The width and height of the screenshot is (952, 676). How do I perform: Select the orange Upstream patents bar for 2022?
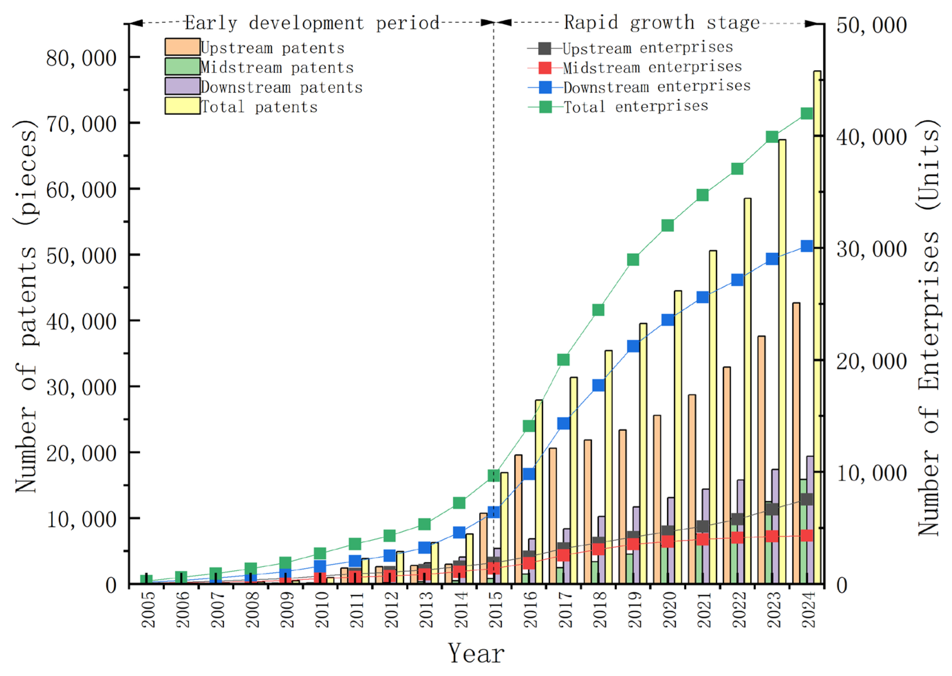[x=727, y=475]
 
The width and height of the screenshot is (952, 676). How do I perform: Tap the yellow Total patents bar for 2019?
[x=643, y=454]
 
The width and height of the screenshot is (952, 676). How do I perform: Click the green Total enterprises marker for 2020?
[x=668, y=225]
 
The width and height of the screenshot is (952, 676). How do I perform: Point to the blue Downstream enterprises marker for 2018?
[x=599, y=385]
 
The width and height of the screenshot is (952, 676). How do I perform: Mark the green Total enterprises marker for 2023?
[x=772, y=136]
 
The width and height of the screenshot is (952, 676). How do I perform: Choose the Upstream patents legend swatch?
[x=182, y=47]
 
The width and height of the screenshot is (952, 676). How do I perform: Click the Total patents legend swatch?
[x=182, y=106]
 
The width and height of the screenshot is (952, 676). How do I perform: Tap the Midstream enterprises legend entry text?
[x=652, y=67]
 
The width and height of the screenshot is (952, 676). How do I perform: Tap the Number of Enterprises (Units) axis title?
[x=928, y=328]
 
